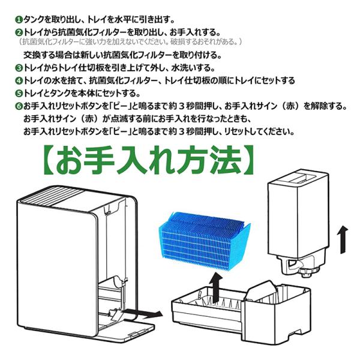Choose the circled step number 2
pos(18,32)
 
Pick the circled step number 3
pos(18,67)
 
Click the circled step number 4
pos(18,80)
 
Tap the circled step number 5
pos(18,94)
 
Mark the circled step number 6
pos(18,106)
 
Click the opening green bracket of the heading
pos(49,161)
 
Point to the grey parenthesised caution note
pos(130,42)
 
